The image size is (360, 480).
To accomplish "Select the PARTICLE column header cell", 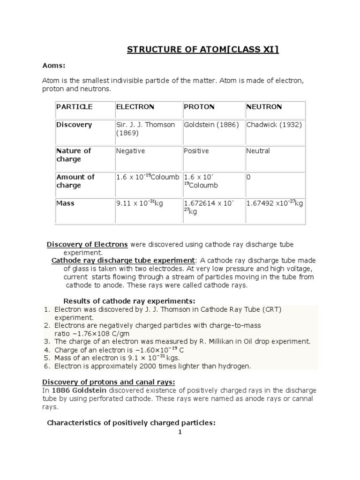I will (75, 107).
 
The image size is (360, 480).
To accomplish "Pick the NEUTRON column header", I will (264, 107).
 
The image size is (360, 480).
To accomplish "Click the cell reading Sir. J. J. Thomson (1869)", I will (145, 129).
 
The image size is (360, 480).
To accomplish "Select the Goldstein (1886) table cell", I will (211, 125).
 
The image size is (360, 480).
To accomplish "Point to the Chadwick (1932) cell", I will (274, 125).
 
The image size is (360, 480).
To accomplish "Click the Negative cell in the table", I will (130, 151).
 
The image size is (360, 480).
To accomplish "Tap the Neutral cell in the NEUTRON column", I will (258, 151).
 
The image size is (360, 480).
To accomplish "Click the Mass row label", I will (66, 203).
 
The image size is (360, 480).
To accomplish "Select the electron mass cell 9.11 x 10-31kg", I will (139, 203).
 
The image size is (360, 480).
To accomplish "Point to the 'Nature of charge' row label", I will (74, 155).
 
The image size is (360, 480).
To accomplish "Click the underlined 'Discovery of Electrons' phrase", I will (87, 245).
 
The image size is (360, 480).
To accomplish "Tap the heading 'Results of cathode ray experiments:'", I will (129, 300).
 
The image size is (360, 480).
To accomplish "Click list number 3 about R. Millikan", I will (46, 341).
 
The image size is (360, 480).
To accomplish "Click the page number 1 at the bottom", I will (180, 432).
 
